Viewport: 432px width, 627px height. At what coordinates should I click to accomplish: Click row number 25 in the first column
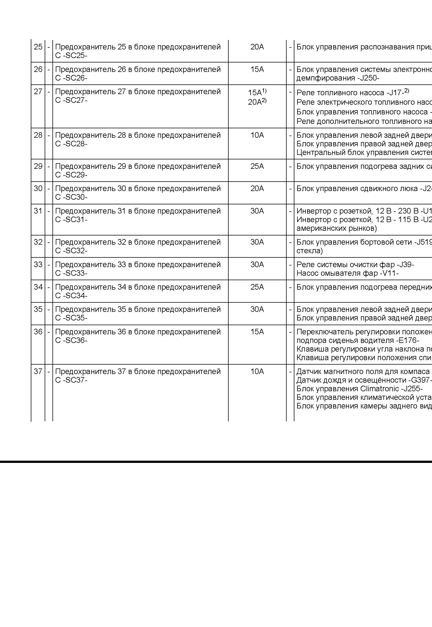(x=38, y=47)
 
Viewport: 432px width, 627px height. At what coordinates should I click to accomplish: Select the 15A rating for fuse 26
(x=257, y=69)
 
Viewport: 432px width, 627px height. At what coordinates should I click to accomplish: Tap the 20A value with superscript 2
(x=257, y=102)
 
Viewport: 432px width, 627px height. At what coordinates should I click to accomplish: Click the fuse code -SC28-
(x=75, y=144)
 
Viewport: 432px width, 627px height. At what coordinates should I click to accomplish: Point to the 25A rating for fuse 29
(x=257, y=166)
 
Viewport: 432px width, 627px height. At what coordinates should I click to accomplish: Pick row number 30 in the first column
(x=38, y=189)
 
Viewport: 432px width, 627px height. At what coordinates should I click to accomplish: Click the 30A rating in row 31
(x=257, y=211)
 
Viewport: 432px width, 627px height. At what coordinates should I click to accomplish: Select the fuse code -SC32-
(x=75, y=251)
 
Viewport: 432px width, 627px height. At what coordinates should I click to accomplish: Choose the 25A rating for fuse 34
(x=257, y=287)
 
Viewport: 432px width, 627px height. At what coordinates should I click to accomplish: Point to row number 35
(x=38, y=309)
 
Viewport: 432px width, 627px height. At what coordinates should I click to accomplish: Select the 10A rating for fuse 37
(x=257, y=372)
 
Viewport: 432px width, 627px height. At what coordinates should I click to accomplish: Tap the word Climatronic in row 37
(x=377, y=389)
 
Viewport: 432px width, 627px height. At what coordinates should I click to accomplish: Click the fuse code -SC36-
(x=75, y=340)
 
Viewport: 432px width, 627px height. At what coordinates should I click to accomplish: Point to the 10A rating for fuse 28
(x=257, y=135)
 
